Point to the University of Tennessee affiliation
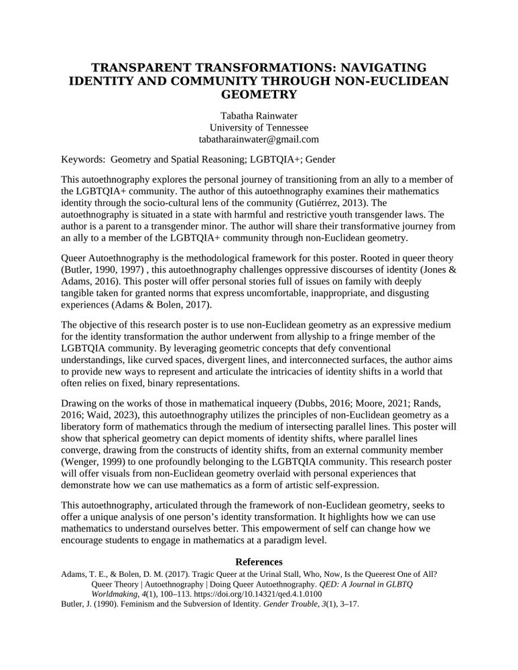click(259, 127)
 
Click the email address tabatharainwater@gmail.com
click(259, 140)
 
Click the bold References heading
click(259, 561)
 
